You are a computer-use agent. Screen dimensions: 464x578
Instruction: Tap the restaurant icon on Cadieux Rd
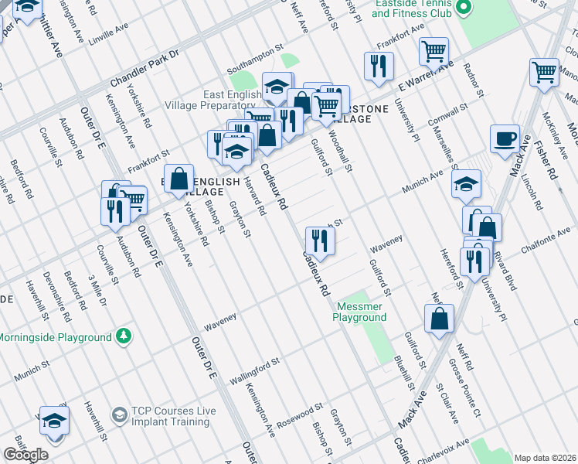pyautogui.click(x=318, y=240)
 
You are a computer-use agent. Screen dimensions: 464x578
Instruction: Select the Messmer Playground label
pyautogui.click(x=361, y=312)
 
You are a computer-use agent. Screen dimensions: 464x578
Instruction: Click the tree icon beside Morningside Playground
pyautogui.click(x=123, y=336)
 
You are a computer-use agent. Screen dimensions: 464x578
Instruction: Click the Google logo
pyautogui.click(x=25, y=455)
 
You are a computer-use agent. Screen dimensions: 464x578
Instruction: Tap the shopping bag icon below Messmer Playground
pyautogui.click(x=439, y=318)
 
